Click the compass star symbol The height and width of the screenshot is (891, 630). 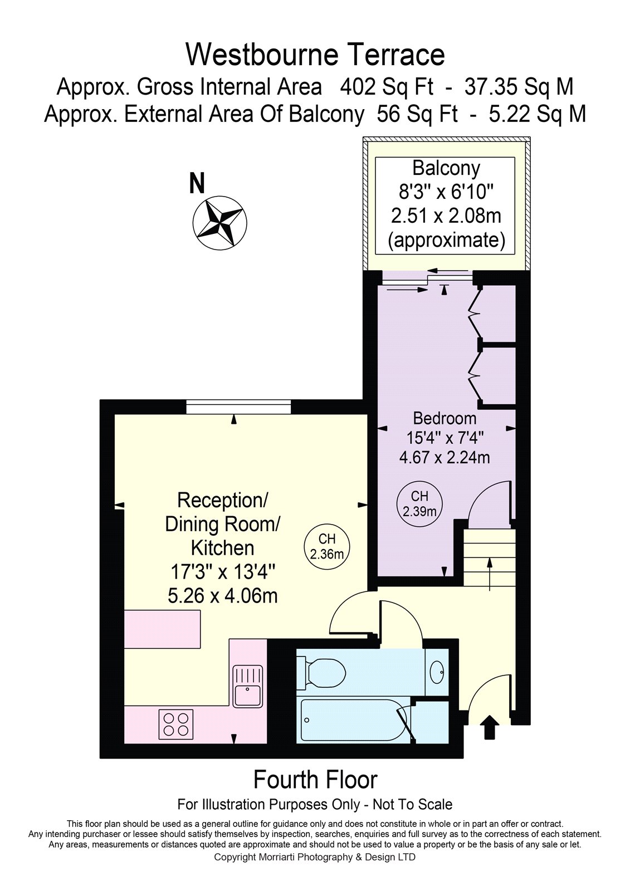pyautogui.click(x=219, y=223)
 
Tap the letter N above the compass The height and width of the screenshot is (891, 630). pyautogui.click(x=197, y=183)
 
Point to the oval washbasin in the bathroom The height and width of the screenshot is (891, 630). pyautogui.click(x=437, y=672)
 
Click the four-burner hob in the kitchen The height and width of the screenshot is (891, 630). pyautogui.click(x=176, y=724)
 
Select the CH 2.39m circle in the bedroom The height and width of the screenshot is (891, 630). pyautogui.click(x=419, y=503)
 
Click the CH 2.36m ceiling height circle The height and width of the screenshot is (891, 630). pyautogui.click(x=327, y=546)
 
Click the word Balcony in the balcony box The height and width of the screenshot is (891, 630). pyautogui.click(x=446, y=168)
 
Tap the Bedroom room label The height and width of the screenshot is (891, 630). pyautogui.click(x=445, y=418)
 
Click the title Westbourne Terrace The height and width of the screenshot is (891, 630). pyautogui.click(x=315, y=55)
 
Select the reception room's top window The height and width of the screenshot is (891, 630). pyautogui.click(x=238, y=407)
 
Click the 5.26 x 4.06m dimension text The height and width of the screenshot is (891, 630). pyautogui.click(x=222, y=596)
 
